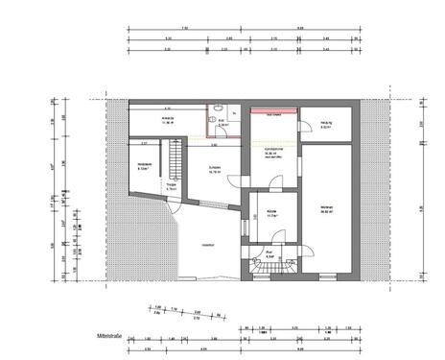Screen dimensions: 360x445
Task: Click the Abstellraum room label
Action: point(146,166)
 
